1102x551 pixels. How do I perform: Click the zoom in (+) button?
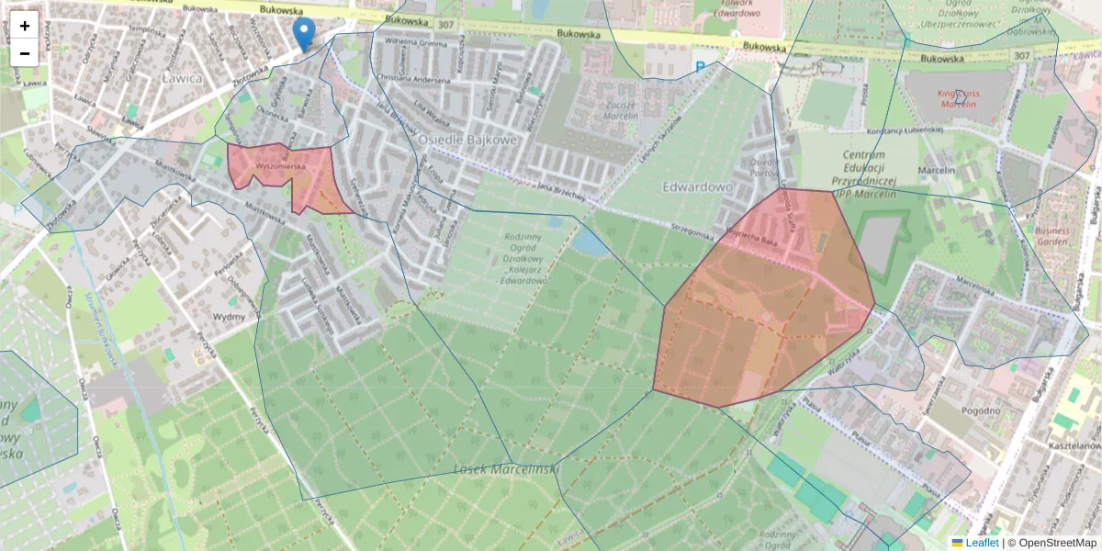[25, 26]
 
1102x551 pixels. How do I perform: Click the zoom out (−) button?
[25, 52]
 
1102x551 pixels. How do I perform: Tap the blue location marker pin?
[303, 34]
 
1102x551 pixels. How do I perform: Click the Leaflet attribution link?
[975, 543]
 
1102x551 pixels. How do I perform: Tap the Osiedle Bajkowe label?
[467, 139]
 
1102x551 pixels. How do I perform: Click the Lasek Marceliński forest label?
[506, 469]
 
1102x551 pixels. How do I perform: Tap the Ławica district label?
[182, 78]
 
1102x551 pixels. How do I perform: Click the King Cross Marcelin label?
[959, 98]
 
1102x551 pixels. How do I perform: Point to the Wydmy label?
[229, 317]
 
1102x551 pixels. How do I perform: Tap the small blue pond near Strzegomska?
[589, 242]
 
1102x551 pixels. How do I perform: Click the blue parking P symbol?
[701, 66]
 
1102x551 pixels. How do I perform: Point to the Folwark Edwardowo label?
[737, 8]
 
